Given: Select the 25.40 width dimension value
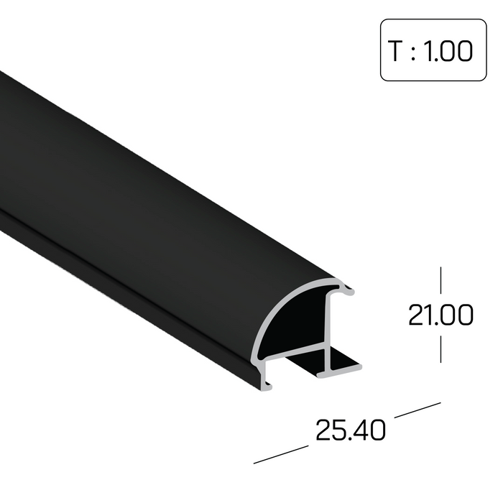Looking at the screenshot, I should (x=350, y=430).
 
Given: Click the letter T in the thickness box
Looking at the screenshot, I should (x=395, y=52).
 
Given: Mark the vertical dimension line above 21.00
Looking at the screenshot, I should (x=440, y=282).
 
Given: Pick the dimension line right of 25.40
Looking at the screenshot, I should (x=417, y=408).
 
